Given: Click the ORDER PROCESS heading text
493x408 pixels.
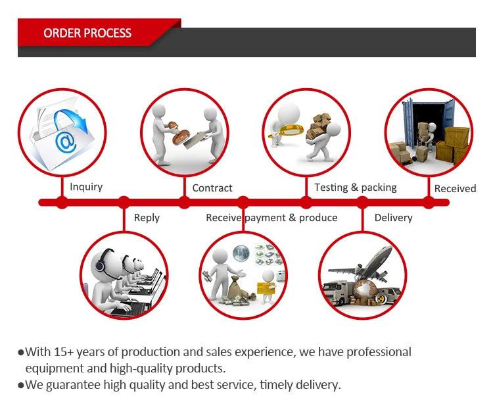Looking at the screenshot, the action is pos(87,33).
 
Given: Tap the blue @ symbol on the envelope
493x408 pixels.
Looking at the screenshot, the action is pos(66,141).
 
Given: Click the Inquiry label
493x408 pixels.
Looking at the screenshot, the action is pos(86,187).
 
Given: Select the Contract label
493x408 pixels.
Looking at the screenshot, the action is pos(212,188).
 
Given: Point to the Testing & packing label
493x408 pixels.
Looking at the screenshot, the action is pos(356,188).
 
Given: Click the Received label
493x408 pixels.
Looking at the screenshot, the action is pos(455,189).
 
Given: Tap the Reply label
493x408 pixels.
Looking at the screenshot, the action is pos(147,218).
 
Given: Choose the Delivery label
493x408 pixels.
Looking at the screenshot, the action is pos(393,218).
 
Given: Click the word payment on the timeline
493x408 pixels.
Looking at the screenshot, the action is pos(266,218).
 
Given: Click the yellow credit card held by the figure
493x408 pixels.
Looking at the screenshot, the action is pos(266,288).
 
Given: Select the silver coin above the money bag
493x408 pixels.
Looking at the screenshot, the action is pos(241,253).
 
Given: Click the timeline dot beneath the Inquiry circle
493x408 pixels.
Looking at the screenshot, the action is pos(62,202).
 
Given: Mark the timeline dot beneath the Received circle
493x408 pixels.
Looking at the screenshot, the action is pos(428,202).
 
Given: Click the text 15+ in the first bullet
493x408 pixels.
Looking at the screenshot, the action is pos(64,352).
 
